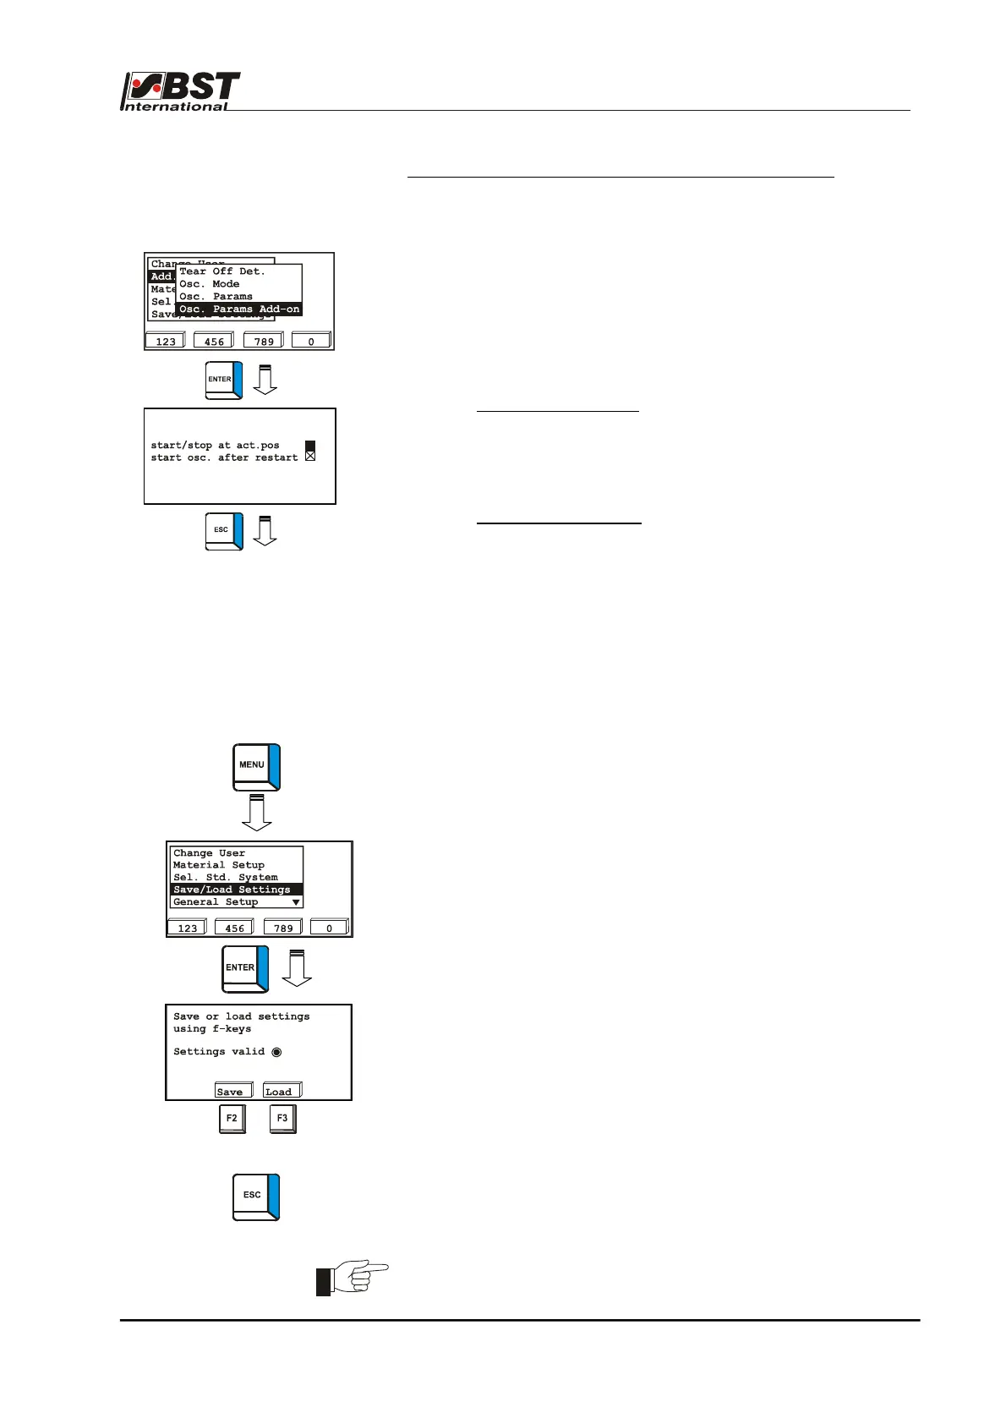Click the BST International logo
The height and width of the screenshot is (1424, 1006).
181,91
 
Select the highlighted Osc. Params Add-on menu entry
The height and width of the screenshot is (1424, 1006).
238,309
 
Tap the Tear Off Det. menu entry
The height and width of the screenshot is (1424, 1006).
222,271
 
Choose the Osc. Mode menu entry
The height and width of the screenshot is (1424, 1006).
210,284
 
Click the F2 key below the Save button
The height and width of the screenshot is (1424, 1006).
232,1119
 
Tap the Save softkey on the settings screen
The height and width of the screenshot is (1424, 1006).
232,1091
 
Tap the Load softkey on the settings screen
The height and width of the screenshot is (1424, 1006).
282,1091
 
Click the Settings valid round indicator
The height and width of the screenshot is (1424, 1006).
276,1052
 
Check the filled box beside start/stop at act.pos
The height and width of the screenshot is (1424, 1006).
310,445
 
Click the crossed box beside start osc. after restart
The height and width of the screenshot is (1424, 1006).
310,457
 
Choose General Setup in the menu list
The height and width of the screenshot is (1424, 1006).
216,902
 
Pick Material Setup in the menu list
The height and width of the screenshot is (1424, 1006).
219,865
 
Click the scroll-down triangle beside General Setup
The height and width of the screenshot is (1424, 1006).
296,902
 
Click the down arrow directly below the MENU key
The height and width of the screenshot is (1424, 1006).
257,812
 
